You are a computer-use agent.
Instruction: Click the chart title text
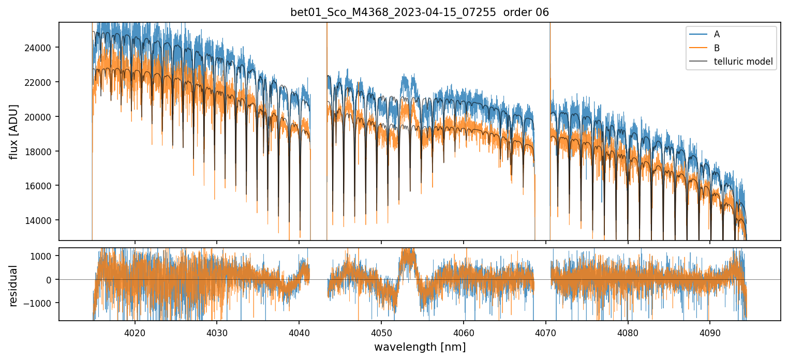point(420,12)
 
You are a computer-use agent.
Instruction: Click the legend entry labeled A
point(717,34)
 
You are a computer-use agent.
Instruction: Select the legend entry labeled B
point(717,48)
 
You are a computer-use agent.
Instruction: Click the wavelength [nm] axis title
point(420,347)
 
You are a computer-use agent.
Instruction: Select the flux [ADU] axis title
point(13,131)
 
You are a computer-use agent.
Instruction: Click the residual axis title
point(13,286)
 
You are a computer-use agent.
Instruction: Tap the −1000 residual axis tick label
point(42,303)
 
